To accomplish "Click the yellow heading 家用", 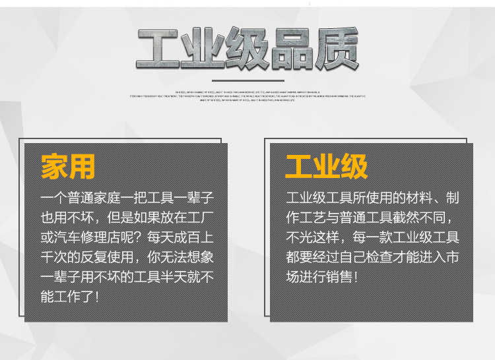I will [x=68, y=167].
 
